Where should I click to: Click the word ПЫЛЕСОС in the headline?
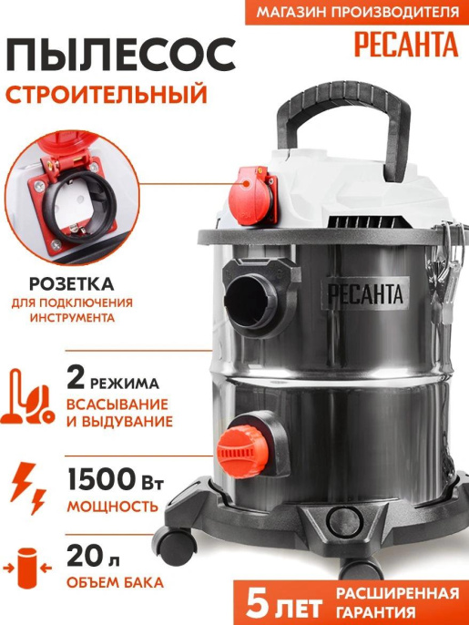115,60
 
